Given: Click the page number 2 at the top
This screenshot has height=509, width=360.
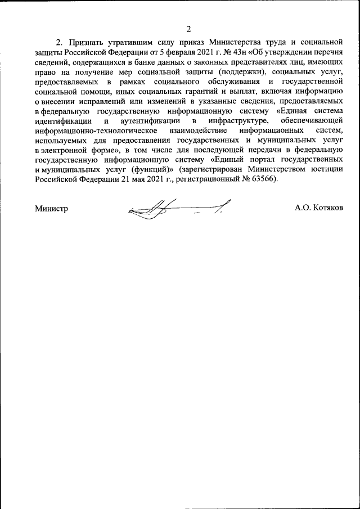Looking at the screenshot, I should (189, 29).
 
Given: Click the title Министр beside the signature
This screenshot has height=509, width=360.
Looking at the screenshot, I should (51, 208).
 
